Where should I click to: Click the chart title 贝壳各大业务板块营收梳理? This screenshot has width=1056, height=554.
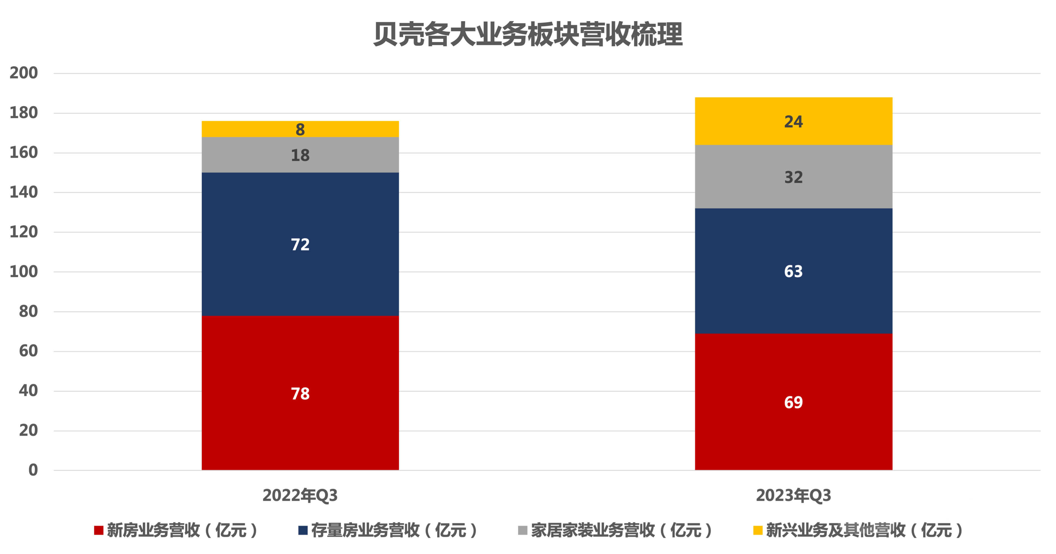point(528,35)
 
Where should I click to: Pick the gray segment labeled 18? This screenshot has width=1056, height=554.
point(300,155)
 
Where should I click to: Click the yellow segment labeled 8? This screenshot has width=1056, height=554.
point(300,129)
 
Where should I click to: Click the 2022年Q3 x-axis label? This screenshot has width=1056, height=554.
point(300,495)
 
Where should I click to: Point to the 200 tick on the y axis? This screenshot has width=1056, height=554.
point(24,73)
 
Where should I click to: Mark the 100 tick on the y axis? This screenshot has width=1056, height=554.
point(24,272)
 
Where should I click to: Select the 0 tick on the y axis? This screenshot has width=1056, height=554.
point(33,470)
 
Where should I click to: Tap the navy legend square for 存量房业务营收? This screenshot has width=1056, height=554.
point(303,530)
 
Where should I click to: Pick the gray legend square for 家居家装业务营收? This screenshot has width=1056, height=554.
point(523,530)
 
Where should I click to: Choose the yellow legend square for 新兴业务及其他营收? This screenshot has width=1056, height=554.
point(758,530)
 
